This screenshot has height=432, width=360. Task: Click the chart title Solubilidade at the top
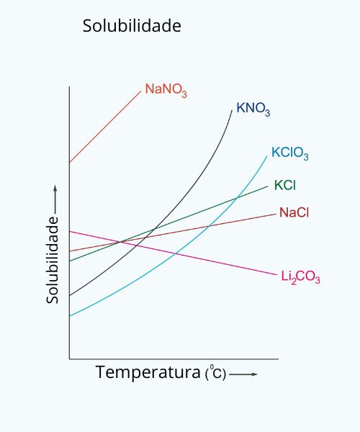[x=132, y=26]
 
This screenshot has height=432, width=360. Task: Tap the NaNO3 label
[x=166, y=90]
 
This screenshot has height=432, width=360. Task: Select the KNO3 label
[x=253, y=110]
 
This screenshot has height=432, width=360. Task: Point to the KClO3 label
[x=290, y=153]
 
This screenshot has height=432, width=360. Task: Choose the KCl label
[x=285, y=185]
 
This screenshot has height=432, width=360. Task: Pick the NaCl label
[x=294, y=212]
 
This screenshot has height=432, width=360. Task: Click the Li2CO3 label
[x=300, y=277]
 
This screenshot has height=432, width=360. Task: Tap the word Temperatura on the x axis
[x=148, y=373]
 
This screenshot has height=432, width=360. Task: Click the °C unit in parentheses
[x=215, y=374]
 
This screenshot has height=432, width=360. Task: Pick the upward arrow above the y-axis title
[x=54, y=198]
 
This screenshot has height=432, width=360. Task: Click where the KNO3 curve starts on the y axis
[x=70, y=295]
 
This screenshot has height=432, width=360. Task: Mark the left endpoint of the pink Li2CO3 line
[x=70, y=231]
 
